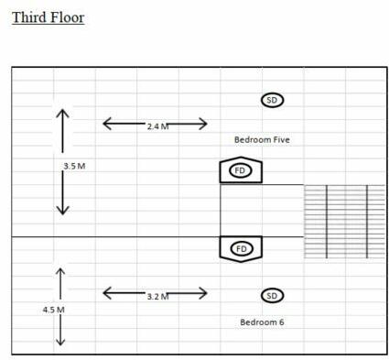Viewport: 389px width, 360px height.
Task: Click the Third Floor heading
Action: pos(48,17)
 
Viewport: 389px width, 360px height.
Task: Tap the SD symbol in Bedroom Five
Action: pos(272,100)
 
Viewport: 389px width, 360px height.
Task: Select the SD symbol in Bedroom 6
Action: pos(272,295)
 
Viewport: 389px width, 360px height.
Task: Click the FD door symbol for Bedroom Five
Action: pos(241,170)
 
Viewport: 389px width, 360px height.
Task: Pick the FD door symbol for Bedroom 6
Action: pos(241,248)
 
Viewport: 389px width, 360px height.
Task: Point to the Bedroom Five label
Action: pos(262,139)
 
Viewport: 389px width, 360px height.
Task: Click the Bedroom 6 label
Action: pos(262,322)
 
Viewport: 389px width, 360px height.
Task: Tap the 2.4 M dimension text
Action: pos(157,126)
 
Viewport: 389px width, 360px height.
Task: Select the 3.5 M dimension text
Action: pos(74,166)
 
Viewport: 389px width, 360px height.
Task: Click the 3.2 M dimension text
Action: pos(157,297)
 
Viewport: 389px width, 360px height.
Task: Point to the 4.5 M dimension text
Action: pos(53,310)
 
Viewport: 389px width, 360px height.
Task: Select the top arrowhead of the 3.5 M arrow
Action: pos(62,113)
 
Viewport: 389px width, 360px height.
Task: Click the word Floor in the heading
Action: pos(67,17)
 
